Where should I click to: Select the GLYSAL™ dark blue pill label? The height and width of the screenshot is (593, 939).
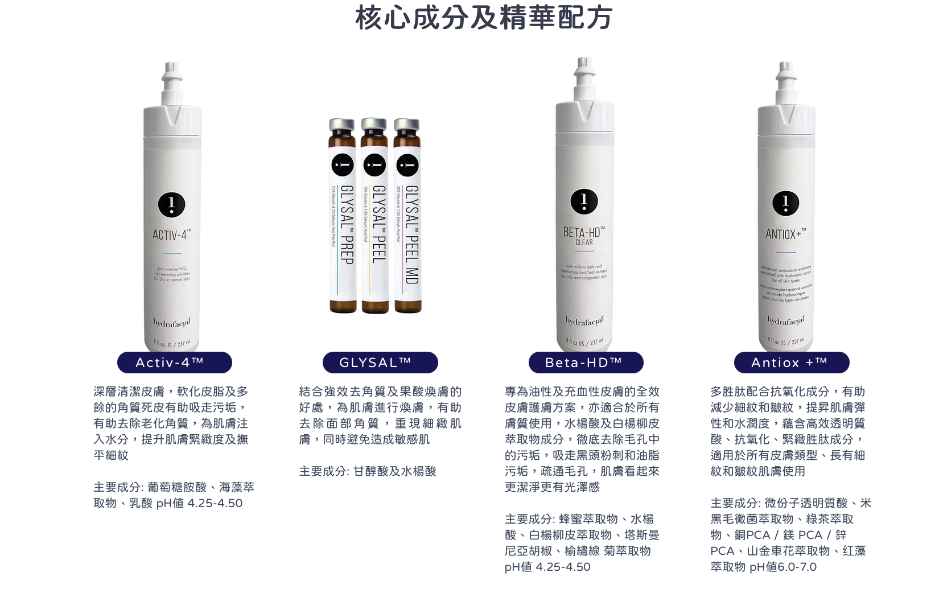point(380,363)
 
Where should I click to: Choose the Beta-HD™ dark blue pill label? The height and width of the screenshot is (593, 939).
point(586,363)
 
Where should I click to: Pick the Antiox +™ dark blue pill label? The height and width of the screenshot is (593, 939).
point(791,363)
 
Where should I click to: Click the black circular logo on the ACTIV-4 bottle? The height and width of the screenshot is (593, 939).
point(171,204)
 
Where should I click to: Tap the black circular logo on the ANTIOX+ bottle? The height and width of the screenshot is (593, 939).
point(785,203)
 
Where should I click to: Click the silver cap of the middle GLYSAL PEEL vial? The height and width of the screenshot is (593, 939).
point(374,124)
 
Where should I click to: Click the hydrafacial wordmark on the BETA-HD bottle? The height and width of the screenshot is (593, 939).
point(584,322)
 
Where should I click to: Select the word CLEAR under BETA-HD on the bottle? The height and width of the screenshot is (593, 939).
point(584,242)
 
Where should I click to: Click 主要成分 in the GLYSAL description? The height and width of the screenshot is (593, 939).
point(323,471)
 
